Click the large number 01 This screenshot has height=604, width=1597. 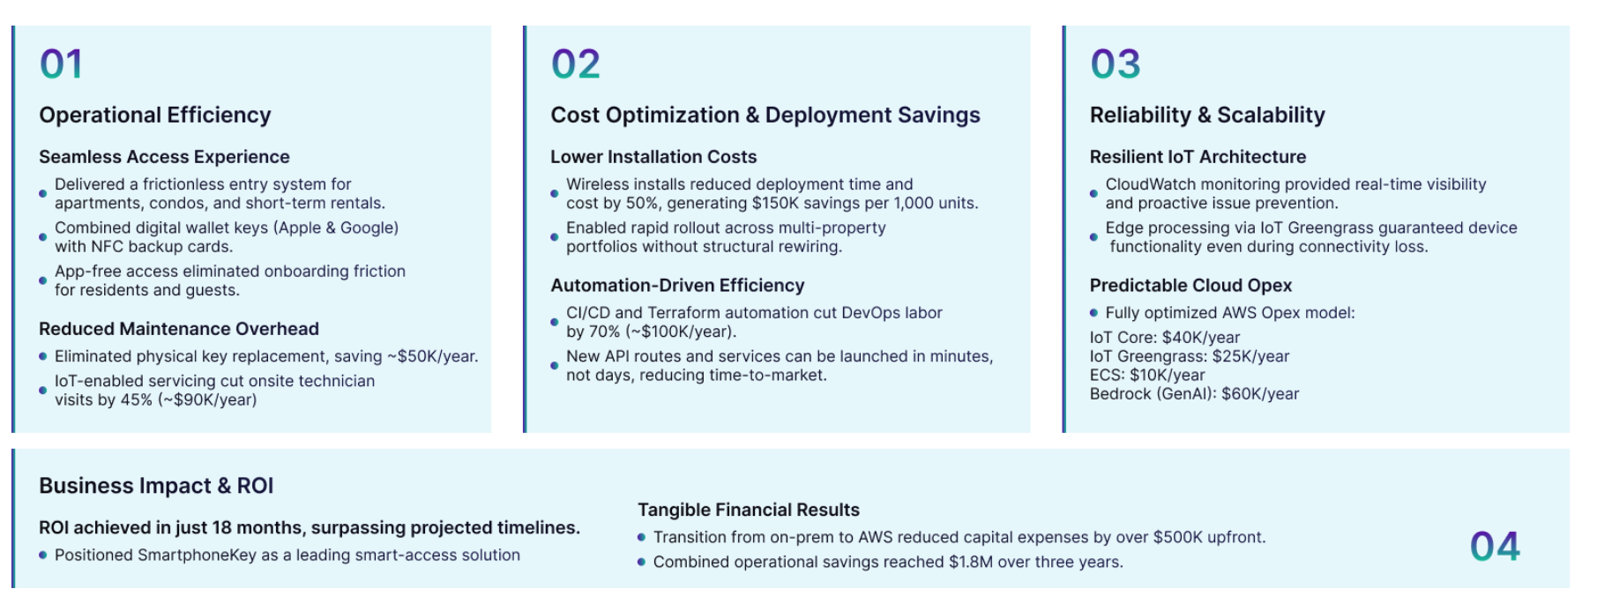[61, 64]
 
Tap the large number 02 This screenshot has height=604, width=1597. [575, 64]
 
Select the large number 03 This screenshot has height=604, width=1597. [1115, 64]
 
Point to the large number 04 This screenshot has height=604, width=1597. [1495, 547]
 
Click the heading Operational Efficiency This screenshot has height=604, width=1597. [155, 116]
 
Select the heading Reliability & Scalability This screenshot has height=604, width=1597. [1207, 116]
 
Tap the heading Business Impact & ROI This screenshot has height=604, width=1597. [156, 486]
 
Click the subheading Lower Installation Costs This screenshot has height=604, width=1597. [653, 157]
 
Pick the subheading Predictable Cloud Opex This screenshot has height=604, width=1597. [1190, 286]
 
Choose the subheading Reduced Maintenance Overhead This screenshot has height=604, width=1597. [179, 329]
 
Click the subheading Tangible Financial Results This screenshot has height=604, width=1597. [749, 510]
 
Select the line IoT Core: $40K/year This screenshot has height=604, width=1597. [1165, 338]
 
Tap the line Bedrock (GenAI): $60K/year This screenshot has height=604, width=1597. [1194, 394]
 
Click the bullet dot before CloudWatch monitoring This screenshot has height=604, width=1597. [1093, 193]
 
